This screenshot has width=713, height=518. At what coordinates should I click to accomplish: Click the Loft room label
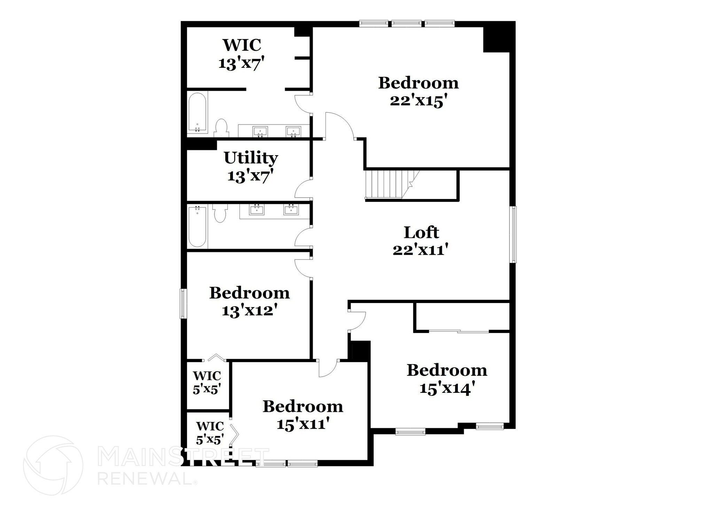coord(421,233)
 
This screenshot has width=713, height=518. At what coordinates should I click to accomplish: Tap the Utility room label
coord(251,158)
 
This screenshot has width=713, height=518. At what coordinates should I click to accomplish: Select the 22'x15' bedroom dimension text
coord(418,101)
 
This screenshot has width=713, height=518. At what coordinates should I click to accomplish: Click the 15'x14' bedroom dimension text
coord(447,388)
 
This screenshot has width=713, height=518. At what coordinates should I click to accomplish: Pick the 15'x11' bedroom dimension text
coord(303,424)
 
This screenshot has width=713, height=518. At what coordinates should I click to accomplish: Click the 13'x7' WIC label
coord(242,45)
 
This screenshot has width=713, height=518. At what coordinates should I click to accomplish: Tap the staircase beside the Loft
coord(386,184)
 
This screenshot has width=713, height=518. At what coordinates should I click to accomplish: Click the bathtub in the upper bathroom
coord(197,112)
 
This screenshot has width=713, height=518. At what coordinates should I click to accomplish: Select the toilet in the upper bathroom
coord(221,128)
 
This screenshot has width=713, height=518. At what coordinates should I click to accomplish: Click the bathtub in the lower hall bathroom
coord(197,226)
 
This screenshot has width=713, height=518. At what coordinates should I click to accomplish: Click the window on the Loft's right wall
coord(514,234)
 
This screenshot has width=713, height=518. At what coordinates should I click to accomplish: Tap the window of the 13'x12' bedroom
coord(183,303)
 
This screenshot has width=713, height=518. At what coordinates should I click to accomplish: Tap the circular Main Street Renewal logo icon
coord(53,465)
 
